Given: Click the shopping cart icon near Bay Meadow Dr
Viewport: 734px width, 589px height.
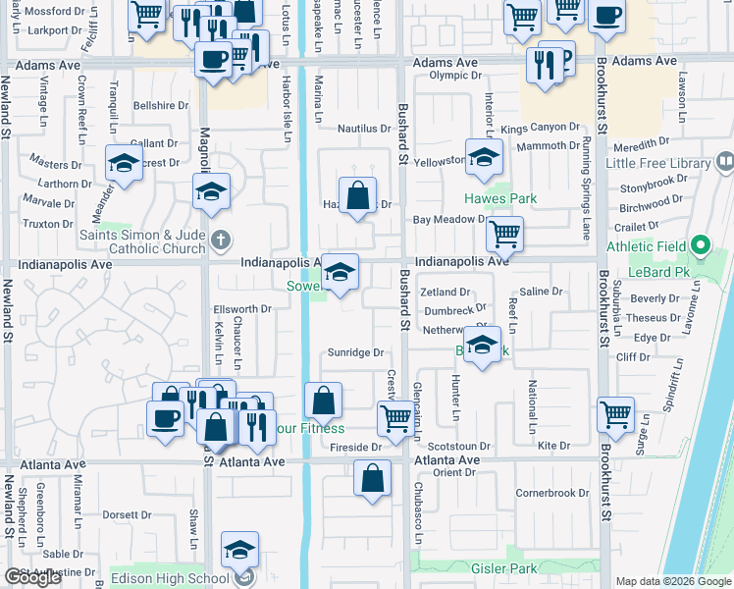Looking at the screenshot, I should tap(504, 234).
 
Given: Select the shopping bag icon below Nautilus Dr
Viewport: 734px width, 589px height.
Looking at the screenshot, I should tap(358, 193).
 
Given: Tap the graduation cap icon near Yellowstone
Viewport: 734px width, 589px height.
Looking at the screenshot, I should tap(484, 158).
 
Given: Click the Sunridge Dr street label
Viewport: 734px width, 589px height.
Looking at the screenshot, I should tap(353, 351).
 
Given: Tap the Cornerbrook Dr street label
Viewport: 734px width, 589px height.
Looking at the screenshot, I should tap(552, 493).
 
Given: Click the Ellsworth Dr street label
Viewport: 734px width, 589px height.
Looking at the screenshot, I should tap(241, 309).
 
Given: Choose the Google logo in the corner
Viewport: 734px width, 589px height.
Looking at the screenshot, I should tap(32, 577).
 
